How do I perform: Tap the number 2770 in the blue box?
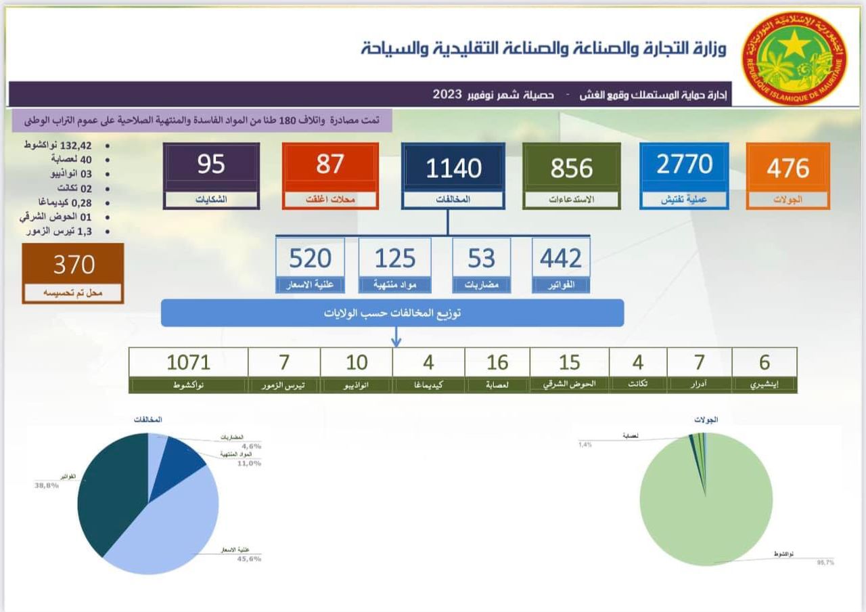[x=684, y=165]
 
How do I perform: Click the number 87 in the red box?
[x=329, y=165]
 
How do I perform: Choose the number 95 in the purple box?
[x=211, y=165]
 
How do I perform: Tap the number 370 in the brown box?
[x=73, y=265]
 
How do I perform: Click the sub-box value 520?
[x=310, y=259]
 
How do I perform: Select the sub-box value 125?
[x=394, y=259]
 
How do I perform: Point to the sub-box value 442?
[x=560, y=259]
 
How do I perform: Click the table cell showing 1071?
[x=188, y=362]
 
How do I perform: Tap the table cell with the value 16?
[x=497, y=362]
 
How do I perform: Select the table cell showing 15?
[x=569, y=362]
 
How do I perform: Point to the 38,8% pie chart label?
[x=46, y=485]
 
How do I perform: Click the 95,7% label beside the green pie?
[x=825, y=563]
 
